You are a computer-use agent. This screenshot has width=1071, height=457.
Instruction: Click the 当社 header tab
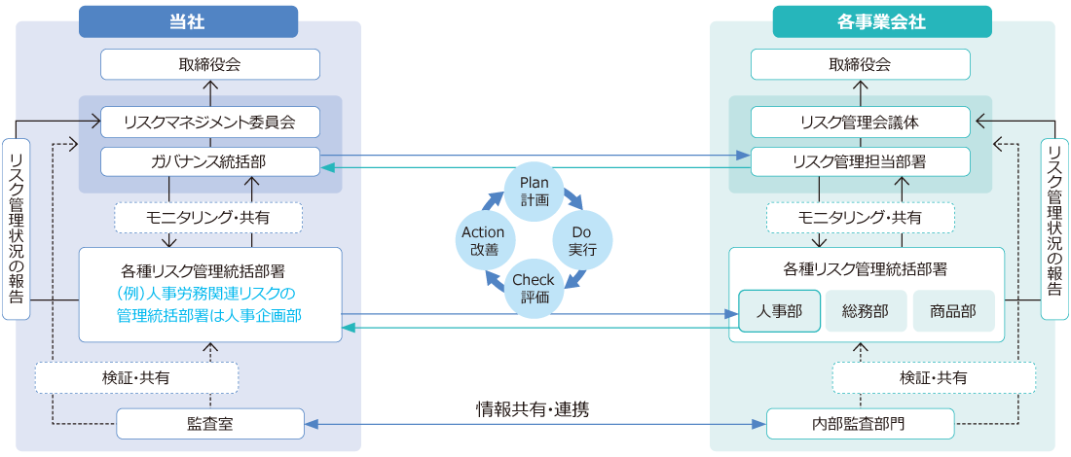(x=188, y=21)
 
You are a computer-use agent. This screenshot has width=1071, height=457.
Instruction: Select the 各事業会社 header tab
(x=881, y=21)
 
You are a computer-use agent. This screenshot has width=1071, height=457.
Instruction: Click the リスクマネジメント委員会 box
(x=209, y=123)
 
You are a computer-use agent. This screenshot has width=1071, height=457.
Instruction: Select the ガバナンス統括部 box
(x=209, y=161)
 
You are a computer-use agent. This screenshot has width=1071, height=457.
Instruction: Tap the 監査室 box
(x=209, y=424)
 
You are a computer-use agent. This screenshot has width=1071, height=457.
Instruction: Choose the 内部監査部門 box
(x=860, y=424)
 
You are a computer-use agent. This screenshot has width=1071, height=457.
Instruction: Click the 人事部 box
(x=779, y=311)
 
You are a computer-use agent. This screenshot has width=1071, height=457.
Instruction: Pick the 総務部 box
(x=867, y=311)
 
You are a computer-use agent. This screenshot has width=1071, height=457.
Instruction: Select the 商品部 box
(x=953, y=311)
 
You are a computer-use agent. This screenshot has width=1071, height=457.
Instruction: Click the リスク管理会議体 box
(x=860, y=123)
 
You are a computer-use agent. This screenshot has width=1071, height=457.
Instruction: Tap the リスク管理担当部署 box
(x=860, y=161)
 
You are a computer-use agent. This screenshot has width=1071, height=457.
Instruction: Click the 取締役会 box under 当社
(x=209, y=64)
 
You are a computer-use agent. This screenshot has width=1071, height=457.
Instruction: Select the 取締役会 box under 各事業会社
(x=860, y=64)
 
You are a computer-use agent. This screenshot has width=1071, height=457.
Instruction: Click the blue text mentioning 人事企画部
(x=209, y=303)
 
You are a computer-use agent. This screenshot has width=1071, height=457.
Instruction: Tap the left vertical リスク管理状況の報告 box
(x=16, y=228)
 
